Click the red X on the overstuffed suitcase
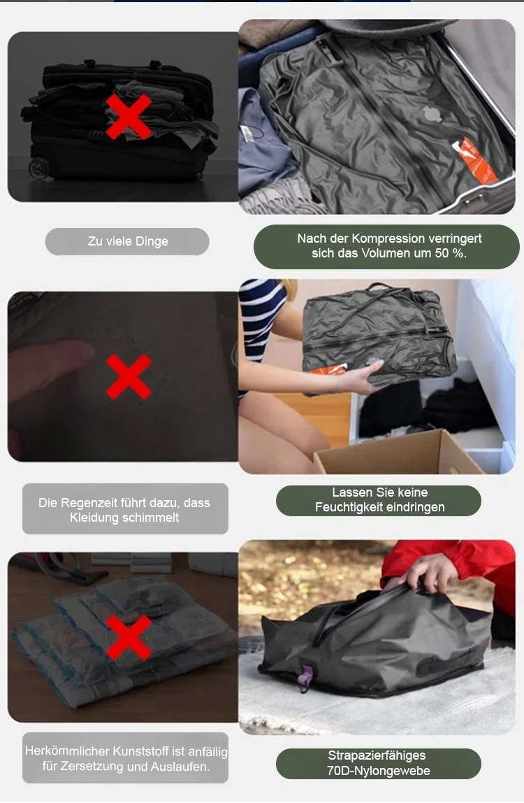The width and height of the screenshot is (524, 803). click(129, 117)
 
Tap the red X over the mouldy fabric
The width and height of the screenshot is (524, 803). click(129, 376)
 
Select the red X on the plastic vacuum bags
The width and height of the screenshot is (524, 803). click(129, 638)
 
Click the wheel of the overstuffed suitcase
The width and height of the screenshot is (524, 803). click(39, 168)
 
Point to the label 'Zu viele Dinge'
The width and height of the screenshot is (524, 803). click(128, 241)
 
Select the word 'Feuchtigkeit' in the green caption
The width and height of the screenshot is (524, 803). click(347, 508)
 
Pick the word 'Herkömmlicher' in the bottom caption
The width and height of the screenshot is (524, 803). click(67, 751)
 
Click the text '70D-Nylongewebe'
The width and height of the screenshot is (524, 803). click(379, 771)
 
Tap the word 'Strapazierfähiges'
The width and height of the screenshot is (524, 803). click(377, 756)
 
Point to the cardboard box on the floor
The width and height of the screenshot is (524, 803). click(399, 453)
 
